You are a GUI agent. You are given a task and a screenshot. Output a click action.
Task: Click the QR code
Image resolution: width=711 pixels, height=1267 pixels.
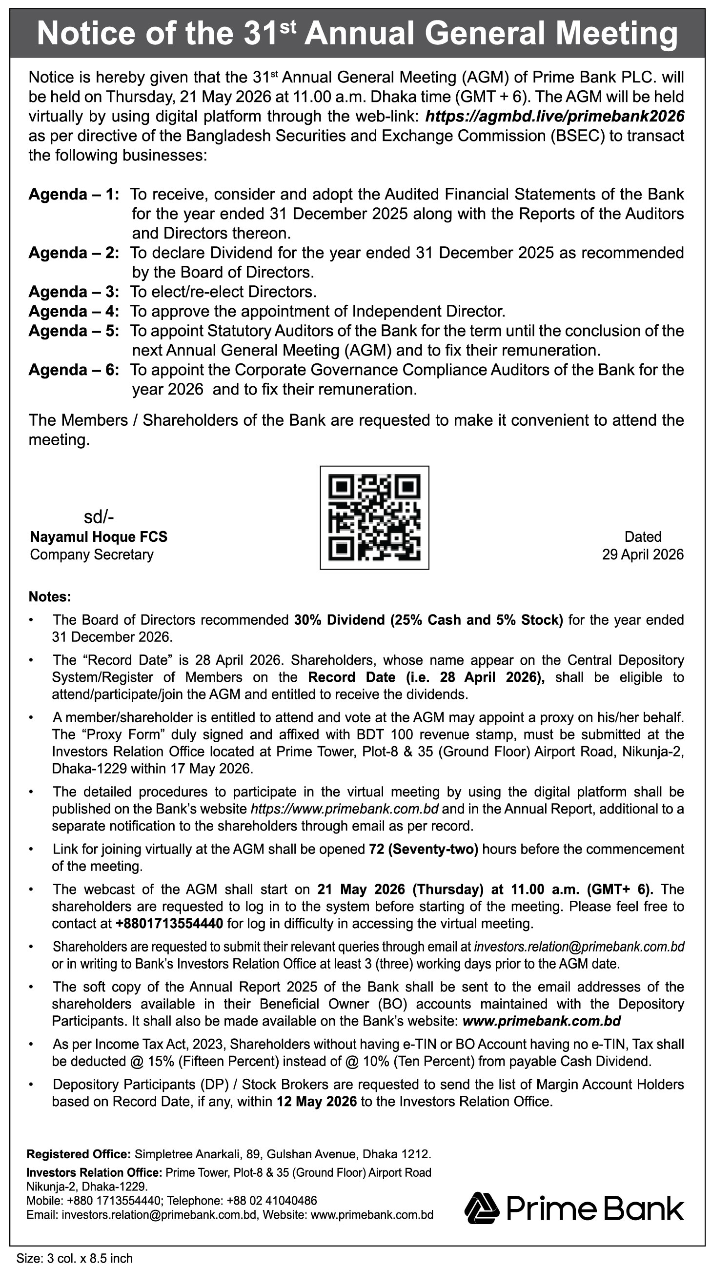374,517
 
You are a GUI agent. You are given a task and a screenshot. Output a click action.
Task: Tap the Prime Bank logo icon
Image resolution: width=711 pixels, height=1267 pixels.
482,1208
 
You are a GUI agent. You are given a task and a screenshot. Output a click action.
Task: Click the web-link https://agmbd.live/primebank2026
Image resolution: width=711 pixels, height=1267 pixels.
554,116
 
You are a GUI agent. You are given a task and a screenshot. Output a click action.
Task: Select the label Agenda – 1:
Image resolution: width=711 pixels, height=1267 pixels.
74,194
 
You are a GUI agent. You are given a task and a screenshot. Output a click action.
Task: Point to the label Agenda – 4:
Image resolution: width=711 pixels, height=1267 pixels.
74,311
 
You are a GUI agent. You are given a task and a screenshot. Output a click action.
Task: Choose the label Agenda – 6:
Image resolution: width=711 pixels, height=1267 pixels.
74,370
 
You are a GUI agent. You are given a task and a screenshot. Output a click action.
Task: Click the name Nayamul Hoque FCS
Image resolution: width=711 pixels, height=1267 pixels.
99,536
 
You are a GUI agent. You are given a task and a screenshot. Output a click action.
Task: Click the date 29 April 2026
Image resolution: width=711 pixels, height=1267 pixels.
643,554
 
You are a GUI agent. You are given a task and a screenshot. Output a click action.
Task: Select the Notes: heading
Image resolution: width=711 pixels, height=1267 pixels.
50,596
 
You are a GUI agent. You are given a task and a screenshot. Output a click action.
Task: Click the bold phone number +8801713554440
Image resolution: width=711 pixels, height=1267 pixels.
169,923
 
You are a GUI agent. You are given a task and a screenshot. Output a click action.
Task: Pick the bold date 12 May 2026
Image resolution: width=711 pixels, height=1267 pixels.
316,1101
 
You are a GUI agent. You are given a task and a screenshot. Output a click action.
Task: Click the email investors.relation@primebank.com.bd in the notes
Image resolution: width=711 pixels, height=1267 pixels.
579,947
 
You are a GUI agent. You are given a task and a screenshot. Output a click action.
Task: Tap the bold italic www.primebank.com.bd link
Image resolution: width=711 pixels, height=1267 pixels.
541,1021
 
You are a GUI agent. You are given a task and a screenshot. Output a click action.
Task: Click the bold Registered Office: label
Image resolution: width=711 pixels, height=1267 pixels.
79,1154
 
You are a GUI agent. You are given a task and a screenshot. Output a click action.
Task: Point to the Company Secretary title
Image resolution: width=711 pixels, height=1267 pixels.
92,554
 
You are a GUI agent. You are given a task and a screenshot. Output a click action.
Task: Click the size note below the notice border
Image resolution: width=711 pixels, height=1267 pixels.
74,1258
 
